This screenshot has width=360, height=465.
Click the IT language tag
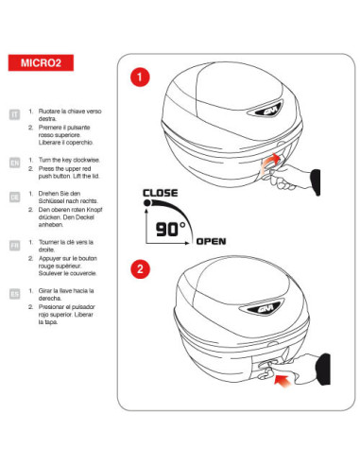[x=14, y=114]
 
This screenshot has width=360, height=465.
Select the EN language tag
[x=14, y=162]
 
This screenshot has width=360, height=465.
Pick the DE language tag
[x=14, y=197]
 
